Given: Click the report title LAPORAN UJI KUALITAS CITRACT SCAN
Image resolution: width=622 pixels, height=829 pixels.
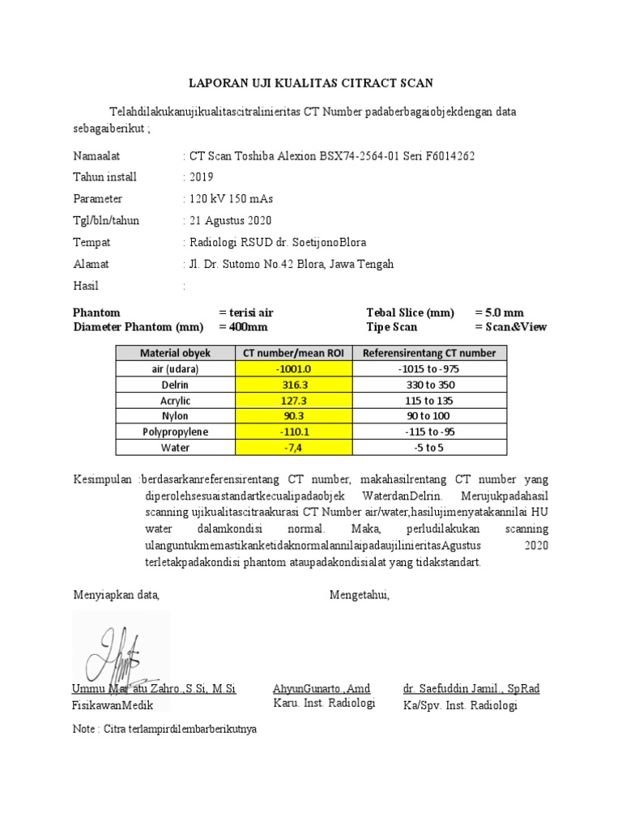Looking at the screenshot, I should point(311,83).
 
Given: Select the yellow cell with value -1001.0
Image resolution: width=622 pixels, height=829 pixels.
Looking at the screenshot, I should point(294,368).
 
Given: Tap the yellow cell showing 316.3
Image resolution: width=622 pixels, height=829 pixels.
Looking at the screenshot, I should point(294,385).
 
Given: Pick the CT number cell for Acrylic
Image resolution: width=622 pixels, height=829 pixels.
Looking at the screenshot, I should point(294,400).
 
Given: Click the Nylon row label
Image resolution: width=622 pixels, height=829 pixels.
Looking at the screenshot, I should point(175,416).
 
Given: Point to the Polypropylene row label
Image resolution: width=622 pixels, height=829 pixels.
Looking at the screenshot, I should point(175,432).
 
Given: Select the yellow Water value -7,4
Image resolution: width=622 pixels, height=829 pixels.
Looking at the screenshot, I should point(294,447).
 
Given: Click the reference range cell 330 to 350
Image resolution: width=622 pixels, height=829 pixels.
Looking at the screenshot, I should point(429,385).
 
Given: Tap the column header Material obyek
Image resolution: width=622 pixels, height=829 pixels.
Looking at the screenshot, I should point(175,353).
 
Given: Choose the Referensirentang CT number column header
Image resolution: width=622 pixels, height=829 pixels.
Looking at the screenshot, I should point(429,353).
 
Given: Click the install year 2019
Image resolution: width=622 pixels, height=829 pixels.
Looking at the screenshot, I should point(202,177).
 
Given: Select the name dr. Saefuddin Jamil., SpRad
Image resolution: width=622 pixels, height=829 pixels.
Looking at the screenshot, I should point(471,689).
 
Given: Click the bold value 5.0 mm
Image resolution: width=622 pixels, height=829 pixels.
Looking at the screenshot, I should point(500,312).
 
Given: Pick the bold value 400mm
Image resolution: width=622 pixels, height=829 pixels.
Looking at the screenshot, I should point(243,327).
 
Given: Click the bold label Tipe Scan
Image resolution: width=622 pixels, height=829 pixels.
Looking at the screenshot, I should point(392,327).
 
